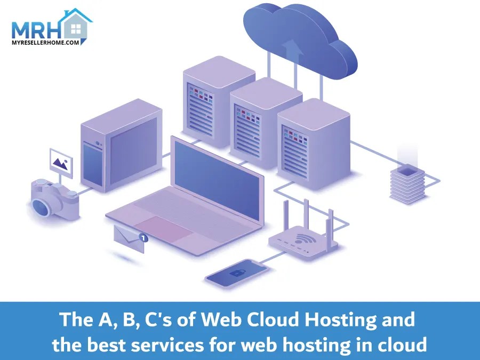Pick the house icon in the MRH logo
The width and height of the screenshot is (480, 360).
pyautogui.click(x=75, y=24)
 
